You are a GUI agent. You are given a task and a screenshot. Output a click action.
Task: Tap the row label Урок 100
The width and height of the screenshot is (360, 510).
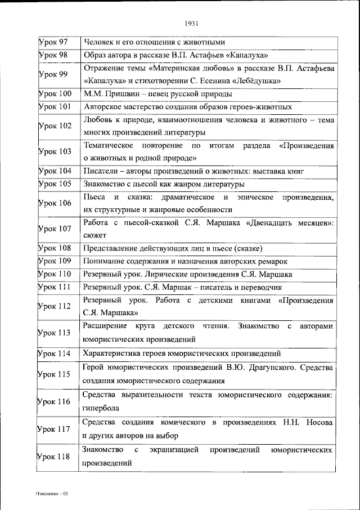point(54,93)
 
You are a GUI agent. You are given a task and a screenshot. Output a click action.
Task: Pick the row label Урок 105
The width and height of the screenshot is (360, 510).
point(54,184)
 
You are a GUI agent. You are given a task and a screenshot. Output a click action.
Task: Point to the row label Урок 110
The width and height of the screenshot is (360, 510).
point(54,275)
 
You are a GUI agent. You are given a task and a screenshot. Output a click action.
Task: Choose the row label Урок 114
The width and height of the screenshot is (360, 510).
point(54,354)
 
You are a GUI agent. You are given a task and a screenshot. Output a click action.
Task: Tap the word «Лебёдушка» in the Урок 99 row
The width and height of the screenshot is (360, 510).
point(265,81)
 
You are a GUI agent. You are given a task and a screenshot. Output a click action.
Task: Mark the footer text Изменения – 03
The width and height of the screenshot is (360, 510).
point(51,493)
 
